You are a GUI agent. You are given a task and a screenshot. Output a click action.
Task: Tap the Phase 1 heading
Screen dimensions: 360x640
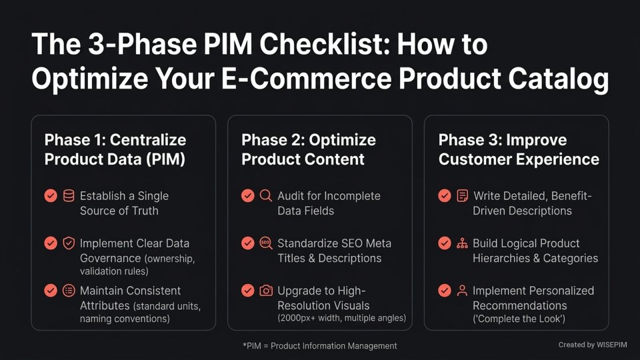click(115, 149)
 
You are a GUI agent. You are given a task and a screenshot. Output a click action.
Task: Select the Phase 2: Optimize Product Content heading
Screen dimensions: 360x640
click(309, 149)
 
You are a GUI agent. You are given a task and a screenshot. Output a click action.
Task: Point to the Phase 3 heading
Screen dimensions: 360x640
click(519, 149)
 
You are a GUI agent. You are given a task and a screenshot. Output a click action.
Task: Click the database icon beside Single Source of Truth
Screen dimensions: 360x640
click(69, 196)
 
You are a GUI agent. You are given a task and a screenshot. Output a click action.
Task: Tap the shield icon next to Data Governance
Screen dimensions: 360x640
click(69, 243)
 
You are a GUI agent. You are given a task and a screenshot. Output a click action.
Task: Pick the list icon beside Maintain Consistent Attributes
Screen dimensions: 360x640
click(69, 291)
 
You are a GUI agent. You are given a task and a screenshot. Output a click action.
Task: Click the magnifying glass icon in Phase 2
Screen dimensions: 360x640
click(266, 196)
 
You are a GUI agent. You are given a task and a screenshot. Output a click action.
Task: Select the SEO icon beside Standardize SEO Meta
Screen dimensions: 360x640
click(266, 243)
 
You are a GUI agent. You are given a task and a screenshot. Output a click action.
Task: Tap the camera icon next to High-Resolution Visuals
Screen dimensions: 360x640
click(266, 291)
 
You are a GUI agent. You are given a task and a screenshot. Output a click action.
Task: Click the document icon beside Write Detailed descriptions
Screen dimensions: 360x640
click(462, 196)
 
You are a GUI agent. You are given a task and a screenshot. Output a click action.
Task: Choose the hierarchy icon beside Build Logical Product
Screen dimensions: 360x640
click(462, 243)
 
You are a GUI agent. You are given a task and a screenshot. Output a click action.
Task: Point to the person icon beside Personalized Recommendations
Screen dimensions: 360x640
click(462, 291)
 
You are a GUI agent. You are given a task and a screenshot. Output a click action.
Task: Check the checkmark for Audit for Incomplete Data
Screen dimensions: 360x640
click(247, 196)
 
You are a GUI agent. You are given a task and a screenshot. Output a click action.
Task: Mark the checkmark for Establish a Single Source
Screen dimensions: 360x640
click(51, 196)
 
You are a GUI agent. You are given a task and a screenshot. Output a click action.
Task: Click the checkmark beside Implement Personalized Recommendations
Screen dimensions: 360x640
click(445, 291)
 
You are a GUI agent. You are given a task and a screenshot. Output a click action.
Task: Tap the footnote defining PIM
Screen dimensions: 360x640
click(320, 345)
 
